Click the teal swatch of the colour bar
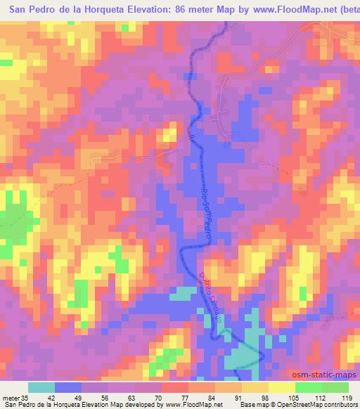tap(41, 387)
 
